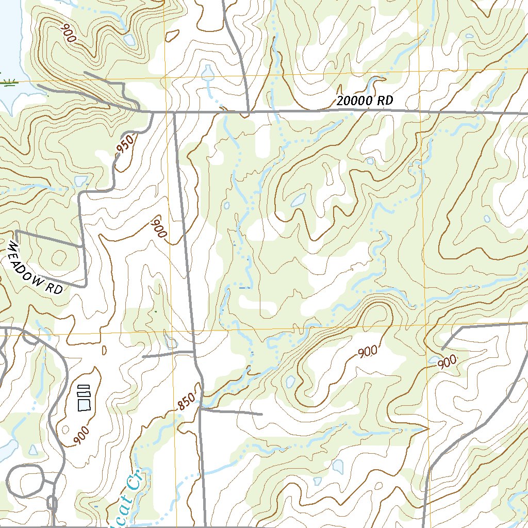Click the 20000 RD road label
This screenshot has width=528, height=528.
[365, 101]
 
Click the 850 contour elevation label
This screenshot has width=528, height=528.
[187, 402]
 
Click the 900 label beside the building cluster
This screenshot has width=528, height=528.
[81, 435]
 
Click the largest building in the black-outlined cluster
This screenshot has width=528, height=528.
[84, 405]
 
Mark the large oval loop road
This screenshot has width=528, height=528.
[25, 481]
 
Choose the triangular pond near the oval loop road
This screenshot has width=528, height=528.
[34, 450]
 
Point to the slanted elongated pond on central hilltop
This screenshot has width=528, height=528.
[298, 200]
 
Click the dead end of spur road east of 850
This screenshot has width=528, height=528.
[262, 414]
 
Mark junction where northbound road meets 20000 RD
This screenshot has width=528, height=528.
[248, 111]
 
